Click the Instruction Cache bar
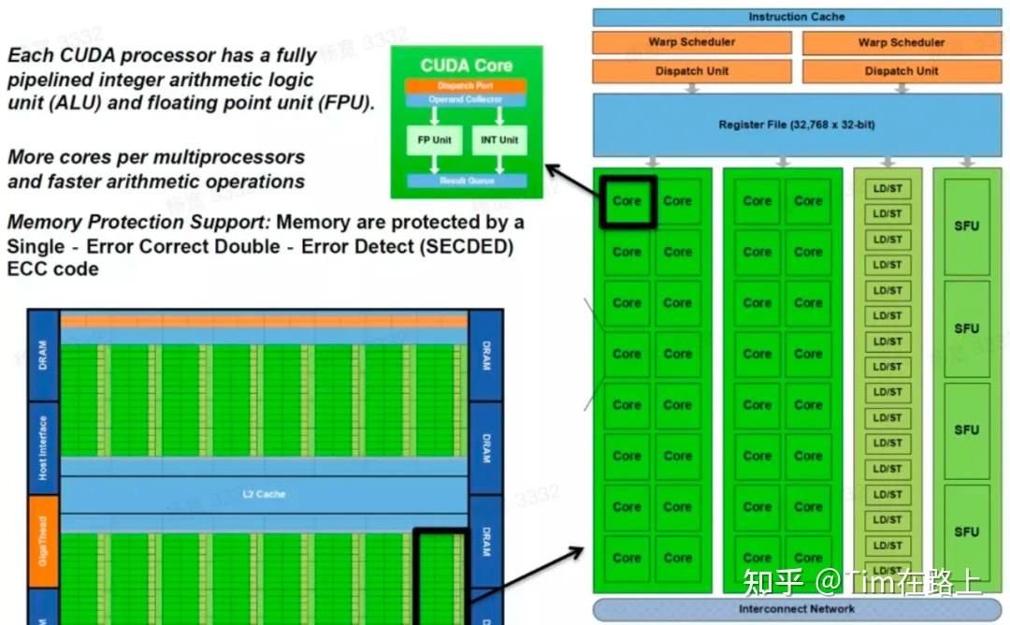(796, 17)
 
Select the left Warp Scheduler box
(691, 42)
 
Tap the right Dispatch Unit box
(902, 71)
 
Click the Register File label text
(796, 124)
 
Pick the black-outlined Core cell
(627, 201)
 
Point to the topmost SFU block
(966, 226)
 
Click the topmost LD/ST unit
(887, 189)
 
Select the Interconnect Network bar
(796, 609)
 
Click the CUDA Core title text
(466, 65)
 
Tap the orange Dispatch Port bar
(466, 86)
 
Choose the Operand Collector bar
(466, 99)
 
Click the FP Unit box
(434, 140)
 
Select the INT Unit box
(500, 140)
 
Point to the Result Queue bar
(466, 181)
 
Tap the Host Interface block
(43, 448)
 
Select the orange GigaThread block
(43, 543)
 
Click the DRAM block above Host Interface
(43, 356)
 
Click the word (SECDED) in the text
(475, 246)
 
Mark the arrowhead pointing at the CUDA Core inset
(550, 169)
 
